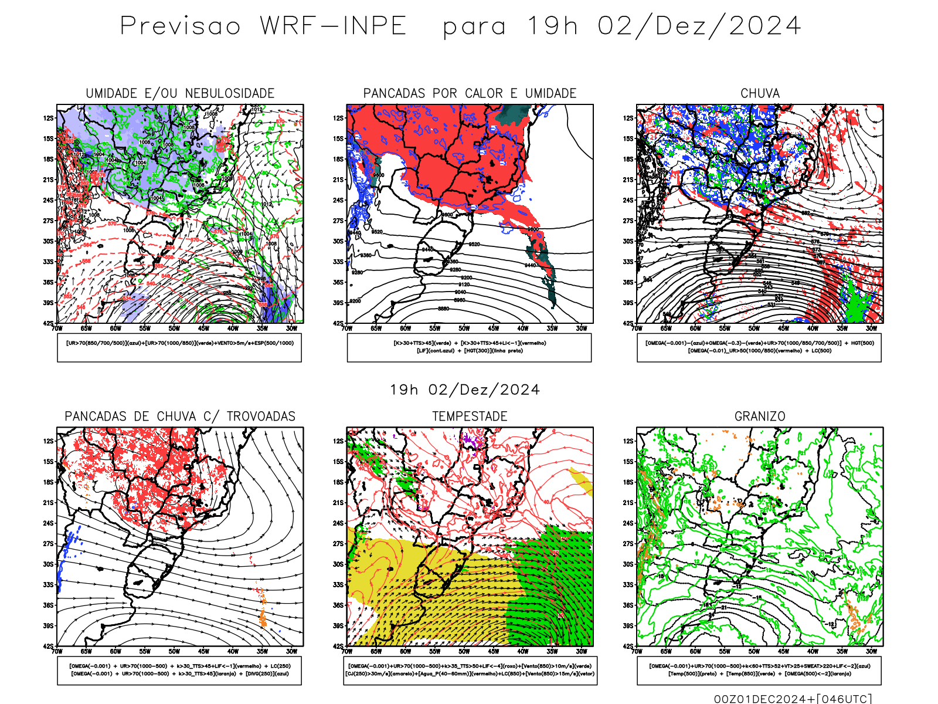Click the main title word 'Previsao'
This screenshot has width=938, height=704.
pos(180,26)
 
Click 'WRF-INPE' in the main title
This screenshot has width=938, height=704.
pos(333,26)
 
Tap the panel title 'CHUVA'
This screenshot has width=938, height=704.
pos(760,93)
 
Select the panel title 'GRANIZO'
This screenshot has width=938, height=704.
pos(760,417)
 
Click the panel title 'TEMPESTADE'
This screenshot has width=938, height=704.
pos(470,417)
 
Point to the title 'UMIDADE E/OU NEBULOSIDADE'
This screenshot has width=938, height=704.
pos(180,93)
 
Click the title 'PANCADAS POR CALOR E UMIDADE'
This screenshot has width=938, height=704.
pos(470,93)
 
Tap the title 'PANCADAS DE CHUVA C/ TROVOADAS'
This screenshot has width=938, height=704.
pos(180,417)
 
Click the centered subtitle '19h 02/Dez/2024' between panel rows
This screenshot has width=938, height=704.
pos(464,390)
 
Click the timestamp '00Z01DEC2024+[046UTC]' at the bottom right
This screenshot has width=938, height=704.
pos(793,699)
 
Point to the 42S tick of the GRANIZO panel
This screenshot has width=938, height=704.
pos(628,646)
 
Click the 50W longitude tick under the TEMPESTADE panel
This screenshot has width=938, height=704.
pos(464,651)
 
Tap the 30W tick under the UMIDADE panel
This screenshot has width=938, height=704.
pos(291,329)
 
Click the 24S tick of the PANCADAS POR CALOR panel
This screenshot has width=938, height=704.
pos(338,201)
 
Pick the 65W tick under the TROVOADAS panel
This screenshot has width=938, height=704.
pos(86,651)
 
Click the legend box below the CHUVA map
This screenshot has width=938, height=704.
pos(759,347)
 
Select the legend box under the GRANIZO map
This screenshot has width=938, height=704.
pos(759,670)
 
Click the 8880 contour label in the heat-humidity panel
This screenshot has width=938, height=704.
pos(444,309)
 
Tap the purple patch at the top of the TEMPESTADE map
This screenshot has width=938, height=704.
pos(470,438)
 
